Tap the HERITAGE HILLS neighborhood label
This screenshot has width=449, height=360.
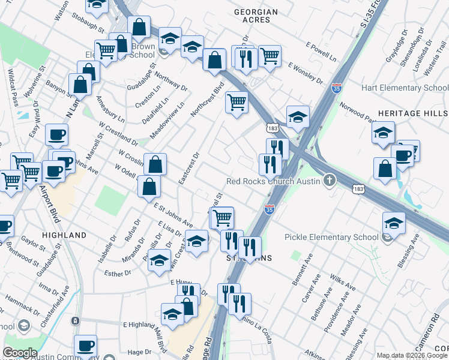413,113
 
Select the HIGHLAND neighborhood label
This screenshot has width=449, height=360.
65,235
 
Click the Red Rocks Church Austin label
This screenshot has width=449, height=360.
274,181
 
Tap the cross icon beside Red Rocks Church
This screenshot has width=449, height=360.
329,180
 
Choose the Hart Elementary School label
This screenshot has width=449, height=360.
405,88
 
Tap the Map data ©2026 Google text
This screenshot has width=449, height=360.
411,355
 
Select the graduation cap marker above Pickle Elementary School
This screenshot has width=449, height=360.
393,223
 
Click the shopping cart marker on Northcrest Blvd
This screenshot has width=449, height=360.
237,102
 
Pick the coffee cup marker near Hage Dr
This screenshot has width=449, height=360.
85,346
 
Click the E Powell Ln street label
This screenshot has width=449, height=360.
321,54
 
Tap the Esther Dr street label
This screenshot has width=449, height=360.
118,273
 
